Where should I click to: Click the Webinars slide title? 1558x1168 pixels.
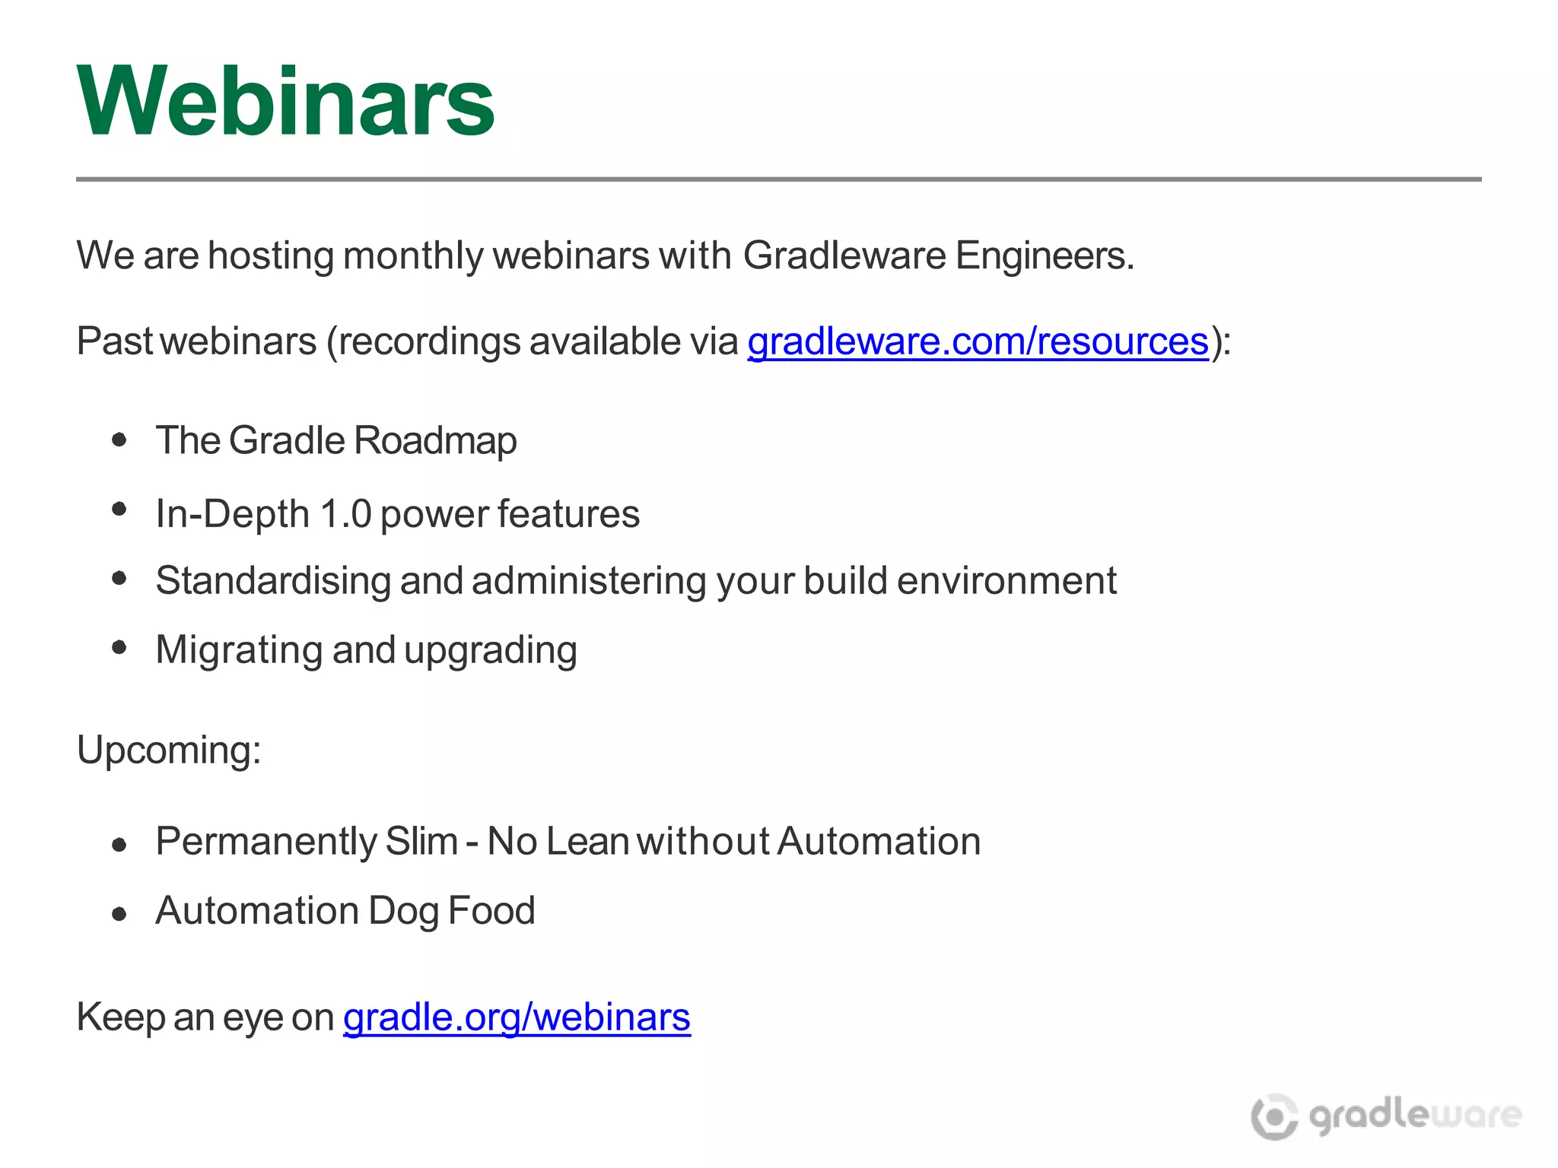tap(286, 100)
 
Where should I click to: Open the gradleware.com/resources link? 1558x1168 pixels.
tap(978, 341)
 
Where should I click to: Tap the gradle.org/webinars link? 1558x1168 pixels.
tap(517, 1017)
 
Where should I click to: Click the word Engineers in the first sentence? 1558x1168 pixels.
tap(1044, 255)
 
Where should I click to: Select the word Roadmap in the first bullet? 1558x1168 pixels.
tap(435, 440)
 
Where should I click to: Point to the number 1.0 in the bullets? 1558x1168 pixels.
tap(346, 514)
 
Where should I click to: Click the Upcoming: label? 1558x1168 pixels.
tap(169, 750)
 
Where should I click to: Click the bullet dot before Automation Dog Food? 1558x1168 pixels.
tap(119, 913)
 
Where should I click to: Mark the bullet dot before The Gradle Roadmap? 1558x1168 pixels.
tap(119, 440)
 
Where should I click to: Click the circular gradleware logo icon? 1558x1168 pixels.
tap(1274, 1116)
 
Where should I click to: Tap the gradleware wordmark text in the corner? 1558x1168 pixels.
tap(1415, 1116)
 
